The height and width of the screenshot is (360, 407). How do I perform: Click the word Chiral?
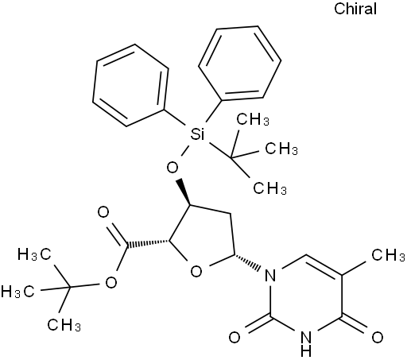coord(355,9)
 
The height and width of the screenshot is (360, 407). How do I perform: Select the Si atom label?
coord(197,134)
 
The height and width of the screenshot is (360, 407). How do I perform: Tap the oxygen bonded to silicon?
coord(172,168)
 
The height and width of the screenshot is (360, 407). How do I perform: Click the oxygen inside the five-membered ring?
coord(196,271)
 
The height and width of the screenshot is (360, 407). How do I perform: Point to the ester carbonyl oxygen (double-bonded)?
coord(103,212)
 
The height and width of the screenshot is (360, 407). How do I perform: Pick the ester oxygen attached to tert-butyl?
coord(111,282)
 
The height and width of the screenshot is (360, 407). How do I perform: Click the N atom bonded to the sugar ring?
coord(270,275)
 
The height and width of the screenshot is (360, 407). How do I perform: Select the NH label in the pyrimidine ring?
coord(306,343)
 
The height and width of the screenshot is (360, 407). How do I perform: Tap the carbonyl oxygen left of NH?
coord(235,338)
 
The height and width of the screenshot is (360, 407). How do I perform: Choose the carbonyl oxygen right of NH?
coord(378,338)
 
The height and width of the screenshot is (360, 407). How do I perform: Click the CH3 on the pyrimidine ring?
coord(388,255)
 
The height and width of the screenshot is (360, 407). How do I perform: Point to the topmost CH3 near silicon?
coord(253,119)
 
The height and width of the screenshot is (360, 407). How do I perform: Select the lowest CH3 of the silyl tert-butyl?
coord(269,188)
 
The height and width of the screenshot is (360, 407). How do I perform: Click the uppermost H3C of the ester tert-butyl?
coord(34,254)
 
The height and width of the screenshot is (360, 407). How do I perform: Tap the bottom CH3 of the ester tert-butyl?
coord(64,324)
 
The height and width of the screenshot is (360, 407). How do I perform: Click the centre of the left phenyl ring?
coord(130,85)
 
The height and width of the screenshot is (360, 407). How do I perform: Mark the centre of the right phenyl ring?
coord(240,64)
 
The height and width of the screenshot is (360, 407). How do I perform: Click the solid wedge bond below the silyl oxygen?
coord(184,192)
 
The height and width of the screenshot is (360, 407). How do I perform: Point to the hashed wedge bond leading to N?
coord(247,262)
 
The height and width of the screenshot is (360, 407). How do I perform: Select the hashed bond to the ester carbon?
coord(148,244)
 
